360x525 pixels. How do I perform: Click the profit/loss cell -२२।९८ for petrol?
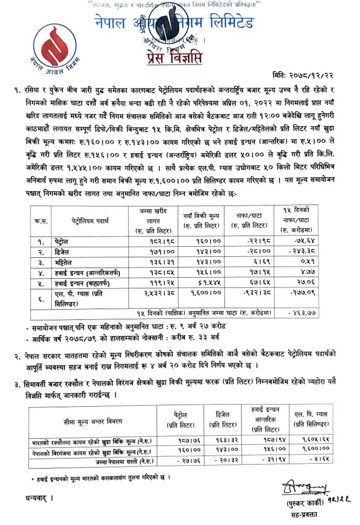(x=254, y=239)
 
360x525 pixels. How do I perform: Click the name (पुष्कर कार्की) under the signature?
(x=306, y=502)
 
